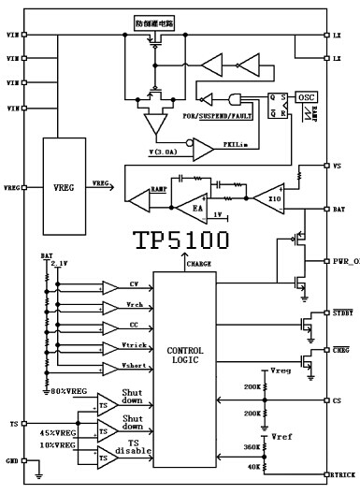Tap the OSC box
305,97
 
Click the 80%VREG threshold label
68,389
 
